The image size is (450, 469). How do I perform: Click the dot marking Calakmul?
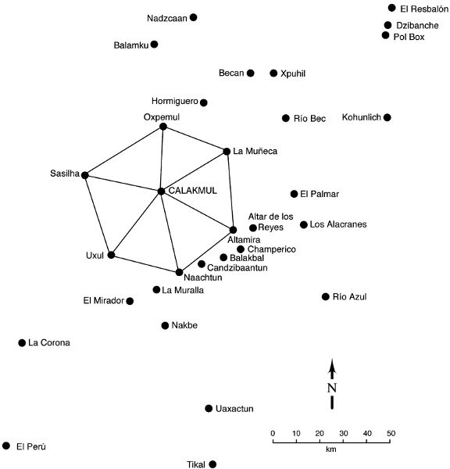coord(161,192)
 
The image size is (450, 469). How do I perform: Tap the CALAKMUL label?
coord(192,191)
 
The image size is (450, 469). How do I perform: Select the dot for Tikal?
coord(212,464)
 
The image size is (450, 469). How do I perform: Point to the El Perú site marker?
coord(6,446)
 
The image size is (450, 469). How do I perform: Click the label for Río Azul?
coord(349,297)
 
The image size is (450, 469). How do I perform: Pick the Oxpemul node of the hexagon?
coord(163,127)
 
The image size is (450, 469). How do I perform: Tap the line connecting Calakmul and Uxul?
coord(136,223)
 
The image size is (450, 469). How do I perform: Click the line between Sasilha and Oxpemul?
coord(124,151)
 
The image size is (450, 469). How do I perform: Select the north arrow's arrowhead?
coord(332,367)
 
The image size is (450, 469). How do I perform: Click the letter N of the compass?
coord(332,388)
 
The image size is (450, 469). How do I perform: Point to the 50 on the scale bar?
coord(391,433)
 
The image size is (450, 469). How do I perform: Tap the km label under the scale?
coord(331,449)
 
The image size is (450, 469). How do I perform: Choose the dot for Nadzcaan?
coord(194,17)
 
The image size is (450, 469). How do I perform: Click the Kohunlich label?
coord(362,117)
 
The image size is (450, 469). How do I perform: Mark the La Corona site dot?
coord(22,343)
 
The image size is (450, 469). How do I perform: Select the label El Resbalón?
coord(424,9)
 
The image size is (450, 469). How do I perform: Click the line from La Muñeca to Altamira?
coord(230,191)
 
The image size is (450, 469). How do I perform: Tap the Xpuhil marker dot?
coord(273,73)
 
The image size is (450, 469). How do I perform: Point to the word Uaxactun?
coord(234,409)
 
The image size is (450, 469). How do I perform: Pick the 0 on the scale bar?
coord(273,433)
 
